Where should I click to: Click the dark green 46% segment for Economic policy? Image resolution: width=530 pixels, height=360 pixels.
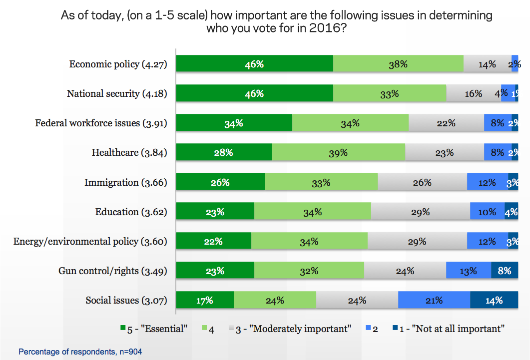255,64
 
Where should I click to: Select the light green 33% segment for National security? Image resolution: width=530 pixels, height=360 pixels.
390,93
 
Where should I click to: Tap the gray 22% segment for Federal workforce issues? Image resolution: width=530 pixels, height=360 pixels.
446,123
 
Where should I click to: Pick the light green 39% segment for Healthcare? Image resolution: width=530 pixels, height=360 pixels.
338,153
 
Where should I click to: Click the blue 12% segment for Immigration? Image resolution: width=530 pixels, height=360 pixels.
487,182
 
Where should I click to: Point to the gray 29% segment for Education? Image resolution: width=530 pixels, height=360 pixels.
420,212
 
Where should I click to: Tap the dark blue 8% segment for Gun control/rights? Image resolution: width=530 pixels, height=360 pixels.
505,271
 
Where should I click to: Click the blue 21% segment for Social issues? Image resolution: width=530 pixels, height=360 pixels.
434,301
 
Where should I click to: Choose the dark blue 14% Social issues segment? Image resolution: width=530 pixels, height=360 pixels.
494,301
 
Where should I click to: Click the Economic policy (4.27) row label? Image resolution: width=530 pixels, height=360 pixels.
118,64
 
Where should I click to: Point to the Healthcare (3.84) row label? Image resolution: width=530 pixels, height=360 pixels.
129,153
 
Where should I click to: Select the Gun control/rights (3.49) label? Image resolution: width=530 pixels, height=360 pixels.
112,271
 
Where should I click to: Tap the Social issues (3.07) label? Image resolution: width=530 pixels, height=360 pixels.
126,301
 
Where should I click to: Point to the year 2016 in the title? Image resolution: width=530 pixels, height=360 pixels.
323,28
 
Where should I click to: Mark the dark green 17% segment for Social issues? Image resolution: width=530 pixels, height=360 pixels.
205,301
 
